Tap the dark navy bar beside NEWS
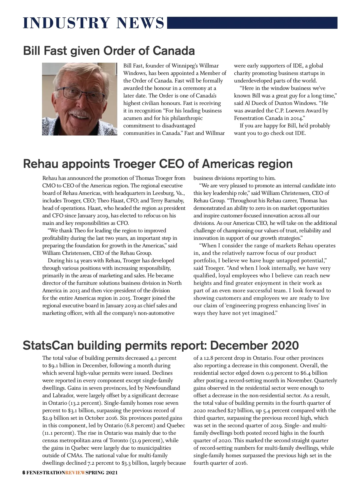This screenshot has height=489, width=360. [x=252, y=23]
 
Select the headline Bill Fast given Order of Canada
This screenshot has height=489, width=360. [x=109, y=51]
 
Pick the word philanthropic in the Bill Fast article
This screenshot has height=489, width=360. [x=186, y=118]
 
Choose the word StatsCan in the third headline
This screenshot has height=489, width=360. [x=48, y=345]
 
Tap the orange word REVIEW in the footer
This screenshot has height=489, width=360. [x=75, y=473]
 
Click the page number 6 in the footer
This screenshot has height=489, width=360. [x=24, y=473]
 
